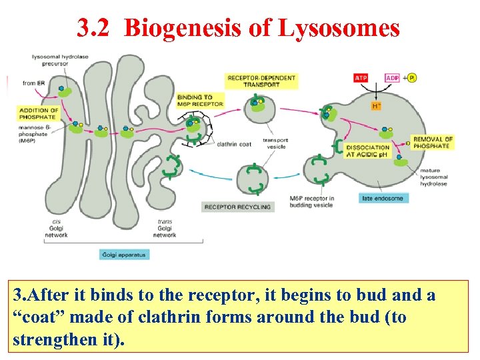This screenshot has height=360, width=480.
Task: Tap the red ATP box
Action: coord(361,78)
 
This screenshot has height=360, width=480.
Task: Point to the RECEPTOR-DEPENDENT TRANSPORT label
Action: coord(261,81)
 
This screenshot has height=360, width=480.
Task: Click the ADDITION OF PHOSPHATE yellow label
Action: coord(38,113)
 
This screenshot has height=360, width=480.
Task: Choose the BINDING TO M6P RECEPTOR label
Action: coord(199,101)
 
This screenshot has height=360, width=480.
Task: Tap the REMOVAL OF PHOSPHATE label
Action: coord(432,142)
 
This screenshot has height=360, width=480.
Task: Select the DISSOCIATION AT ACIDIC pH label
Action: coord(368,151)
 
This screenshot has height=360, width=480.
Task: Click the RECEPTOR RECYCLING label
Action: coord(238,207)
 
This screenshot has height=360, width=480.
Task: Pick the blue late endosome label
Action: coord(383,198)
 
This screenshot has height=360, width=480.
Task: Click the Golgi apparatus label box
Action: coord(125,254)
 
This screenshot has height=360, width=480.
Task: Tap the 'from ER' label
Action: coord(33,83)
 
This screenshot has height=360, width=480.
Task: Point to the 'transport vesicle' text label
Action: coord(275,143)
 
